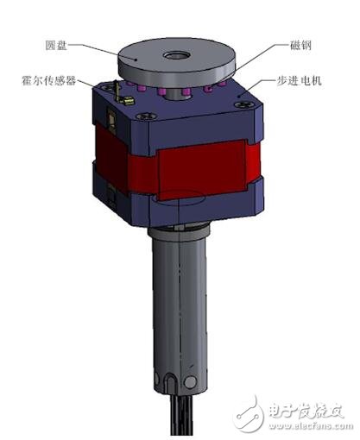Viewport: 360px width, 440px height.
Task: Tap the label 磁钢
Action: pos(288,48)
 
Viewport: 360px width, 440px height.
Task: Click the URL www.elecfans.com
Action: pos(306,424)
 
